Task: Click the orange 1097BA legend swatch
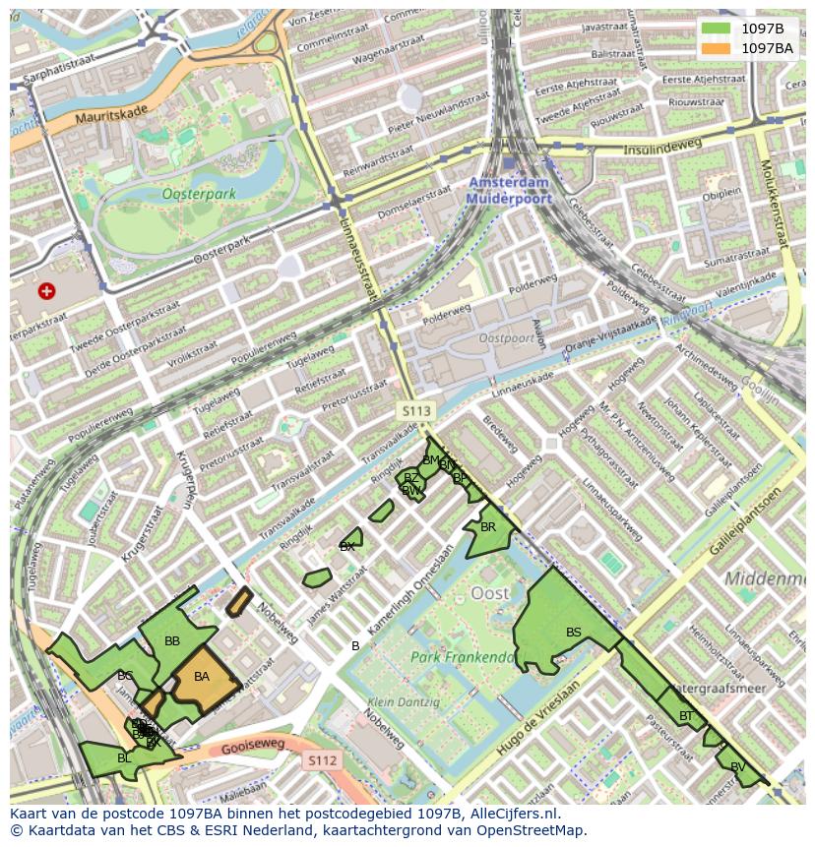pyautogui.click(x=716, y=47)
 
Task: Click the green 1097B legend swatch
pyautogui.click(x=716, y=28)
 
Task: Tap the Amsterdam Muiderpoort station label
pyautogui.click(x=509, y=191)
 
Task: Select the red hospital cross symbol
pyautogui.click(x=46, y=290)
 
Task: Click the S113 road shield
pyautogui.click(x=415, y=408)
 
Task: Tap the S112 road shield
pyautogui.click(x=322, y=760)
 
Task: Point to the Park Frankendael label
pyautogui.click(x=463, y=657)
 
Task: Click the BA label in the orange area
pyautogui.click(x=202, y=677)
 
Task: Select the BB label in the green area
pyautogui.click(x=172, y=641)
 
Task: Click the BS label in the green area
pyautogui.click(x=574, y=633)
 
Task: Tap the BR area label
pyautogui.click(x=488, y=527)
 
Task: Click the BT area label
pyautogui.click(x=686, y=716)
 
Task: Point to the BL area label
pyautogui.click(x=124, y=758)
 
